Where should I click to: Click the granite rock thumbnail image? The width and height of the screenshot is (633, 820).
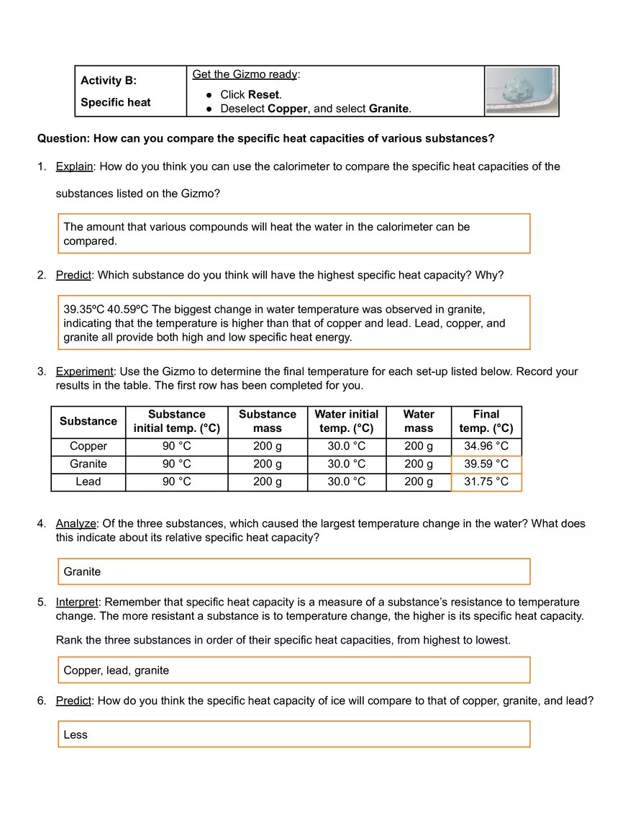click(x=522, y=91)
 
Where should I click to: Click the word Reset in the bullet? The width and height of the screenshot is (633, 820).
click(x=263, y=94)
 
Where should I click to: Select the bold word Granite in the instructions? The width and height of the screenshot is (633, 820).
click(x=388, y=109)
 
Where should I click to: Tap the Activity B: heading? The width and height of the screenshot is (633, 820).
click(x=109, y=81)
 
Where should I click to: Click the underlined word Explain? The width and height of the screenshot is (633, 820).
click(x=74, y=166)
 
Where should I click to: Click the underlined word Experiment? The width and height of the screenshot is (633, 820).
click(x=84, y=371)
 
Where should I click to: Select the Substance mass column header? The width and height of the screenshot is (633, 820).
click(x=267, y=421)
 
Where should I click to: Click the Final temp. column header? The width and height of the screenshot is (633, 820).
click(x=486, y=421)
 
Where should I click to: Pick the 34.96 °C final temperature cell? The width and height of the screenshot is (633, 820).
click(x=486, y=446)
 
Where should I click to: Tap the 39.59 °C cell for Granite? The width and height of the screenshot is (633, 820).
click(x=486, y=464)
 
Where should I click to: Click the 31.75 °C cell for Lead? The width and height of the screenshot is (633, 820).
click(x=486, y=482)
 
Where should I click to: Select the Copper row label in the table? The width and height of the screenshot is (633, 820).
click(x=88, y=446)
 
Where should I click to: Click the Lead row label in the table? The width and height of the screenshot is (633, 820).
click(x=88, y=482)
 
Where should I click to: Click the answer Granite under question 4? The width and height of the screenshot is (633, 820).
click(x=82, y=572)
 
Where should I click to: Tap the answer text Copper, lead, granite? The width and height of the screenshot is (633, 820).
click(x=116, y=670)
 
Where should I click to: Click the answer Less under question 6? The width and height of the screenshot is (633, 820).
click(x=75, y=734)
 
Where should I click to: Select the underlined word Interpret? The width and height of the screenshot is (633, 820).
click(x=77, y=602)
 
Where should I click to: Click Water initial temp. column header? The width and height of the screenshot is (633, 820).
click(x=346, y=421)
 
